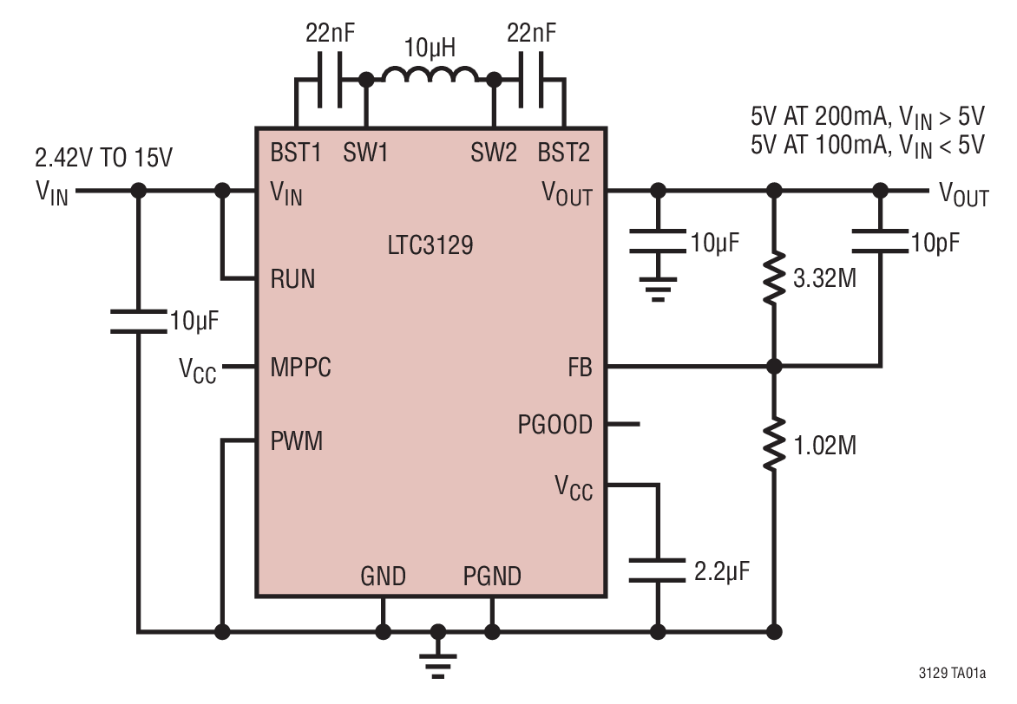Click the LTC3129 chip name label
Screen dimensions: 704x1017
[430, 245]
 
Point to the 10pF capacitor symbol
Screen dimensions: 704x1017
[881, 238]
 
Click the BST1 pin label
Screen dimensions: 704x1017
[294, 153]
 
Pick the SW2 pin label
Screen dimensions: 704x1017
[494, 153]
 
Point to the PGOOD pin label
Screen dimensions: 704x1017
[554, 425]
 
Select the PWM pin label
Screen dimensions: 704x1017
[296, 441]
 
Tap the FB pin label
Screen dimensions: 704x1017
[579, 368]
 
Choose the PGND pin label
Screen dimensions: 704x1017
[492, 576]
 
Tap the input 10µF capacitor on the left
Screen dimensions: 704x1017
[137, 322]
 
